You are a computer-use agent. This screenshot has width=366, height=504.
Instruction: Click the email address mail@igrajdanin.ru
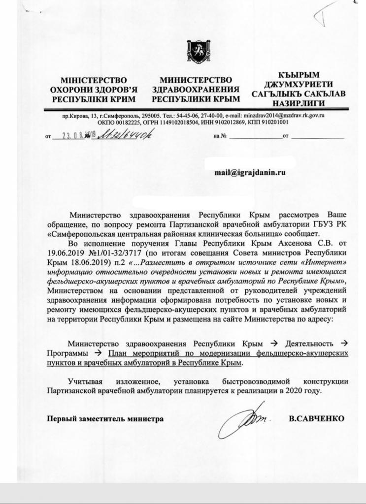pyautogui.click(x=250, y=172)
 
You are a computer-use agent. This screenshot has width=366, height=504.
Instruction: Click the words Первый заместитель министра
pyautogui.click(x=105, y=419)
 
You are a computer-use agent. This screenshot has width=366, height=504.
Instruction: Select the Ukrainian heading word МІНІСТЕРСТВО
pyautogui.click(x=93, y=80)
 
